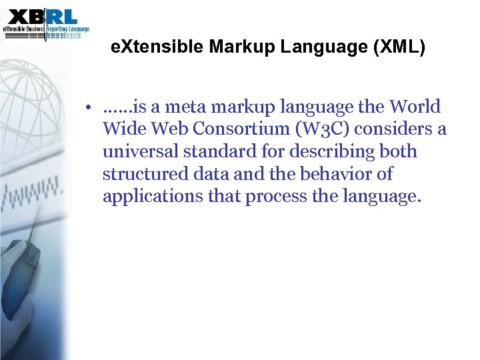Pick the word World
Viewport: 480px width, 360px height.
pos(415,107)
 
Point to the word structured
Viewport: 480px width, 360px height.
pos(142,175)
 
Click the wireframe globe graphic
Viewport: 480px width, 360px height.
pos(33,120)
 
